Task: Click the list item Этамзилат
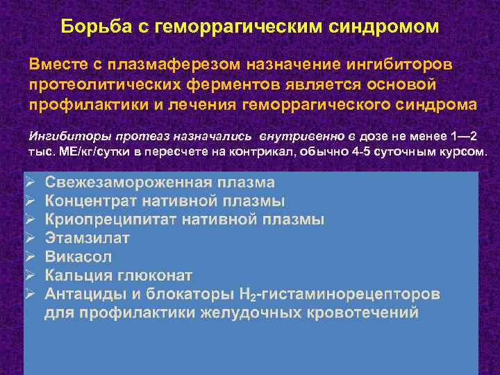pyautogui.click(x=87, y=238)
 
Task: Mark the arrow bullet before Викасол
pyautogui.click(x=30, y=256)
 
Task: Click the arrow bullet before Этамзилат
pyautogui.click(x=30, y=238)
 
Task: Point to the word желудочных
pyautogui.click(x=251, y=312)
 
